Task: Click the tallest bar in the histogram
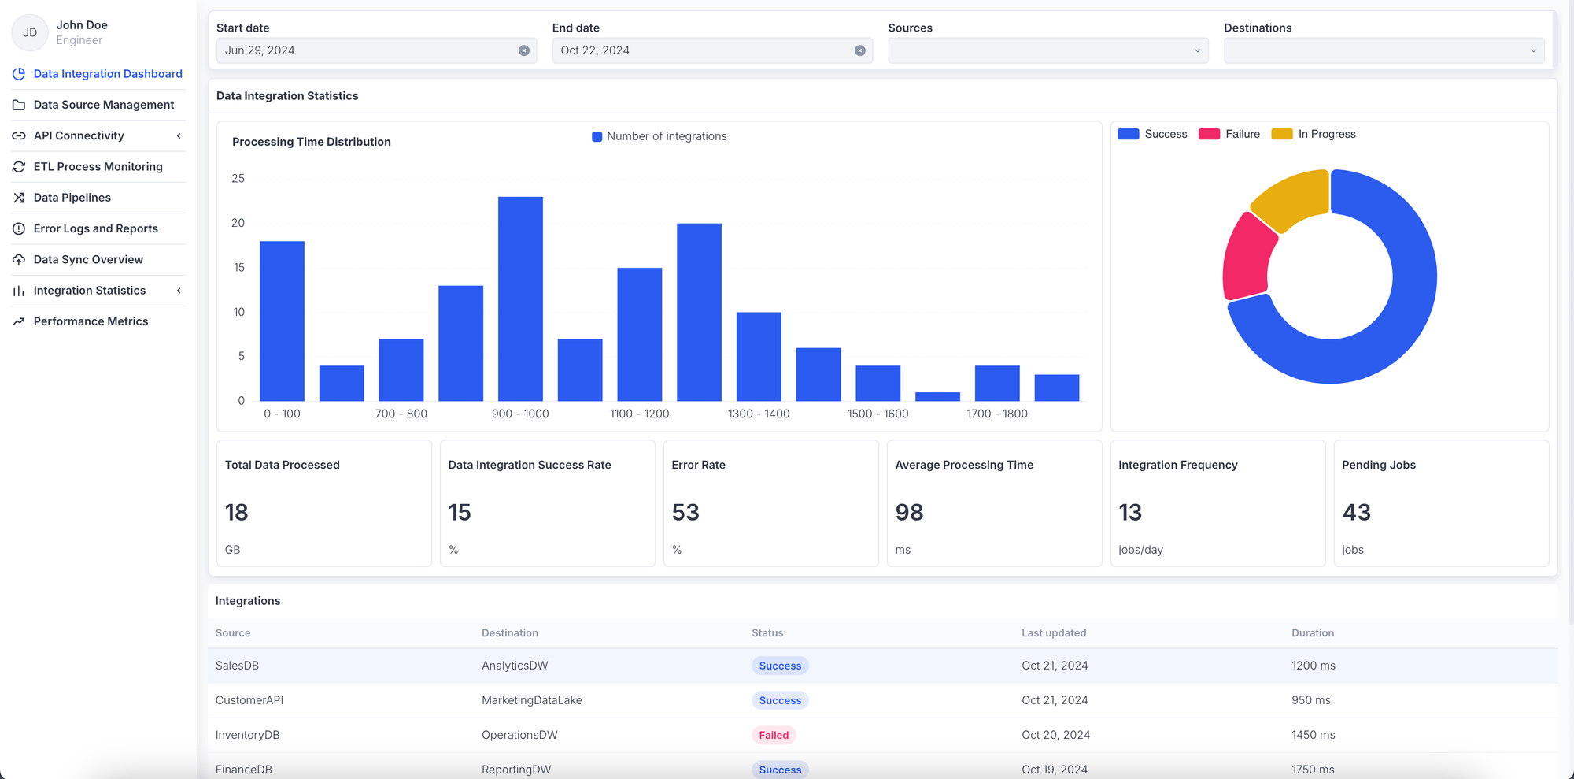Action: click(520, 299)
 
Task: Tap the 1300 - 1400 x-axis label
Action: click(759, 414)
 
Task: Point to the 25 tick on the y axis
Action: click(238, 179)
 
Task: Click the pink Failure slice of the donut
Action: click(1248, 256)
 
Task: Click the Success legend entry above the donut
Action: click(1153, 134)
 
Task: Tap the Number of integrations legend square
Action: click(597, 136)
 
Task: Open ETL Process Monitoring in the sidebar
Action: click(98, 166)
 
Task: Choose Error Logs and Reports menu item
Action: click(95, 228)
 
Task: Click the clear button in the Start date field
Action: click(524, 50)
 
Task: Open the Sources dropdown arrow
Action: click(1197, 50)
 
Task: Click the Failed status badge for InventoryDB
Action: click(774, 735)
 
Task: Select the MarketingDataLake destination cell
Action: click(532, 700)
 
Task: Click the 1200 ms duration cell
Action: click(1313, 666)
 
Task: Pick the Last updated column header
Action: click(1054, 632)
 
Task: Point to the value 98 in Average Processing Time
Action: click(909, 513)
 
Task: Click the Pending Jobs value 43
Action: click(1356, 513)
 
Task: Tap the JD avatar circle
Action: click(30, 32)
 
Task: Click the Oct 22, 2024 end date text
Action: click(595, 50)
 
